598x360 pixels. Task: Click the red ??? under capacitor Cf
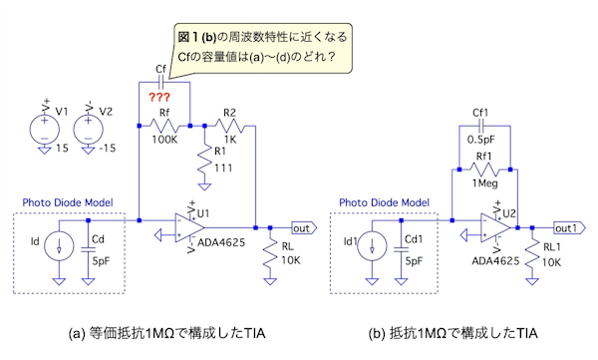tap(159, 97)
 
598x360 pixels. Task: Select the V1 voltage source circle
tap(45, 129)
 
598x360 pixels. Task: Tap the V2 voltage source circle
tap(88, 129)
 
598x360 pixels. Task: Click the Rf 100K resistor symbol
tap(164, 126)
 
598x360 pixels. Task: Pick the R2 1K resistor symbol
tap(229, 126)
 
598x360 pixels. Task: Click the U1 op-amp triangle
tap(190, 227)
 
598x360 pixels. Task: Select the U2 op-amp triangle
tap(495, 227)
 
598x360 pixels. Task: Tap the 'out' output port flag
tap(304, 228)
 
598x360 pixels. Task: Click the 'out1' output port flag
tap(569, 228)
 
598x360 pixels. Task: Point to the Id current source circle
tap(59, 246)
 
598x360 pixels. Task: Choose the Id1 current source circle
tap(372, 246)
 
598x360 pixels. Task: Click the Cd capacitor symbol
tap(88, 249)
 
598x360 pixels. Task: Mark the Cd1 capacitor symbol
tap(401, 249)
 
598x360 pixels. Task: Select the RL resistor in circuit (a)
tap(270, 252)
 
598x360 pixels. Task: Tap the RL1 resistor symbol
tap(532, 252)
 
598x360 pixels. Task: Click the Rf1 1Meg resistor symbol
tap(484, 170)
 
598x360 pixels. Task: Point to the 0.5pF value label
tap(480, 140)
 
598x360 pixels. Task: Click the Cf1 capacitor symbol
tap(481, 126)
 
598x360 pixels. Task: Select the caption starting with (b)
tap(453, 333)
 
